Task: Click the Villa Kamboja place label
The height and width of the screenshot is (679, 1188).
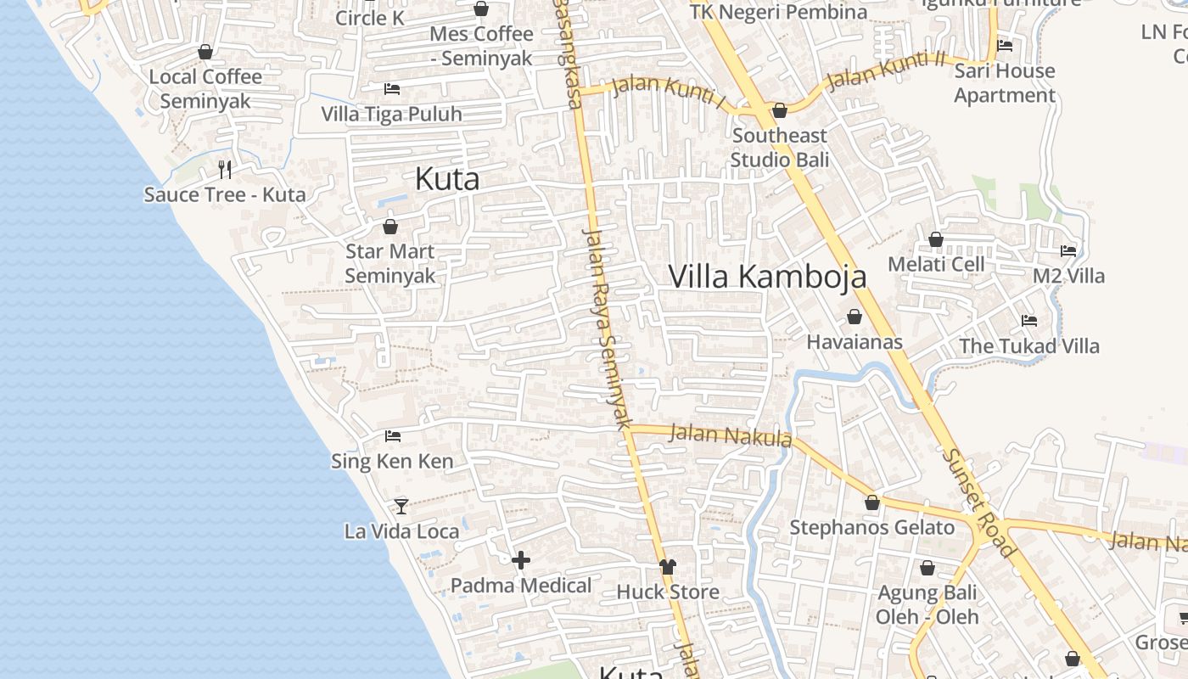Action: (767, 277)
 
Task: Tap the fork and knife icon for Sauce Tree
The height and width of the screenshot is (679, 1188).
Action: (225, 170)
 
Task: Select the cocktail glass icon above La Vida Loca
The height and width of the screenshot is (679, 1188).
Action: (401, 506)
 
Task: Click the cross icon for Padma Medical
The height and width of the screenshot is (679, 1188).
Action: (521, 560)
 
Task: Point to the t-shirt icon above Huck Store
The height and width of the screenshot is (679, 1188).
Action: (668, 566)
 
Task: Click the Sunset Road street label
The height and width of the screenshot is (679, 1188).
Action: (978, 502)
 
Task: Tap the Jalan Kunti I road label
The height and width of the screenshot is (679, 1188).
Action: (670, 93)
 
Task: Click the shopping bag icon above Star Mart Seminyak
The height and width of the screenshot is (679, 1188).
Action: (390, 227)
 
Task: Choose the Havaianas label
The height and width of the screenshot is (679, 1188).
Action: (854, 342)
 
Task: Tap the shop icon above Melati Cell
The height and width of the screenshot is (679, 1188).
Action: (936, 240)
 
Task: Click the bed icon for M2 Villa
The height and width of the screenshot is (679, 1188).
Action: (1068, 251)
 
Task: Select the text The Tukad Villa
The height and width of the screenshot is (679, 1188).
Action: (1028, 346)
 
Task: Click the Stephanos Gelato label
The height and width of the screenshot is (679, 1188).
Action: (871, 527)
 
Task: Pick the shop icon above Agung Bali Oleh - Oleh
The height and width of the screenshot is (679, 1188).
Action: (927, 568)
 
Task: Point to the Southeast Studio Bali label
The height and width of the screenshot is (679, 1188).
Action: (779, 148)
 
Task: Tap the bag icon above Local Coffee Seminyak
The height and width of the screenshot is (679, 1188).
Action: (205, 53)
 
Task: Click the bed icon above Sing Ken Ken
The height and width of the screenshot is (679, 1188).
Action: (392, 436)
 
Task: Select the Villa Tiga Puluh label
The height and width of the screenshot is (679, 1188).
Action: (391, 114)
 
